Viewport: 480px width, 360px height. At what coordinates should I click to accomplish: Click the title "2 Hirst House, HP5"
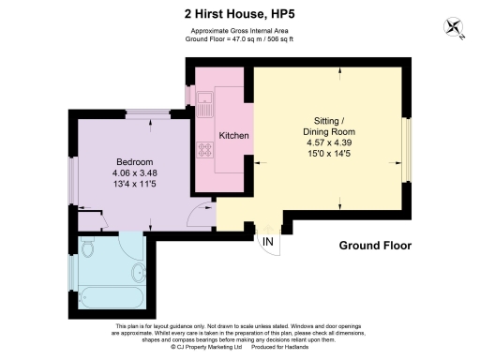click(240, 14)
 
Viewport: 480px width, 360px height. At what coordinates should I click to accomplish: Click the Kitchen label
click(233, 137)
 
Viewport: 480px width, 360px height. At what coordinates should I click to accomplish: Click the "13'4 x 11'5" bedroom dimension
click(135, 184)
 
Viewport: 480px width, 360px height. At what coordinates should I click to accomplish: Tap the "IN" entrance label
click(268, 243)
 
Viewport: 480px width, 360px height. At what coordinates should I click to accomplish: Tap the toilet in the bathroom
click(88, 249)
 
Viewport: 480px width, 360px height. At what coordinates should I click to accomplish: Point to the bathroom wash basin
click(140, 274)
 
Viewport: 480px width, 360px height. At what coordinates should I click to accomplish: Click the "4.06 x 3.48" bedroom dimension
click(135, 172)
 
